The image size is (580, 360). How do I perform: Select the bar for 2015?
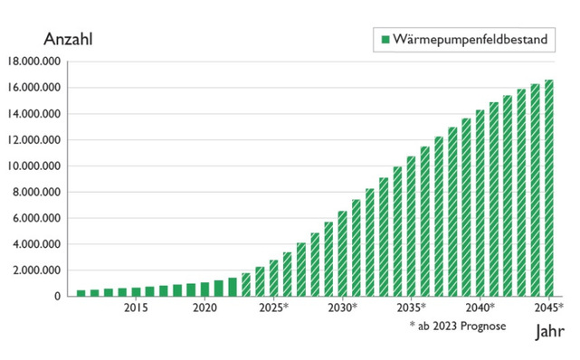point(136,291)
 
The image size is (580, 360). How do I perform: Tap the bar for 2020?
point(204,289)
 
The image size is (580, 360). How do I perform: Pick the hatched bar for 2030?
point(342,254)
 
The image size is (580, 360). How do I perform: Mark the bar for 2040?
point(480,204)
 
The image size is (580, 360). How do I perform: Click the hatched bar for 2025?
point(273,278)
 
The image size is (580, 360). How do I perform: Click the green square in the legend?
point(385,40)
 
